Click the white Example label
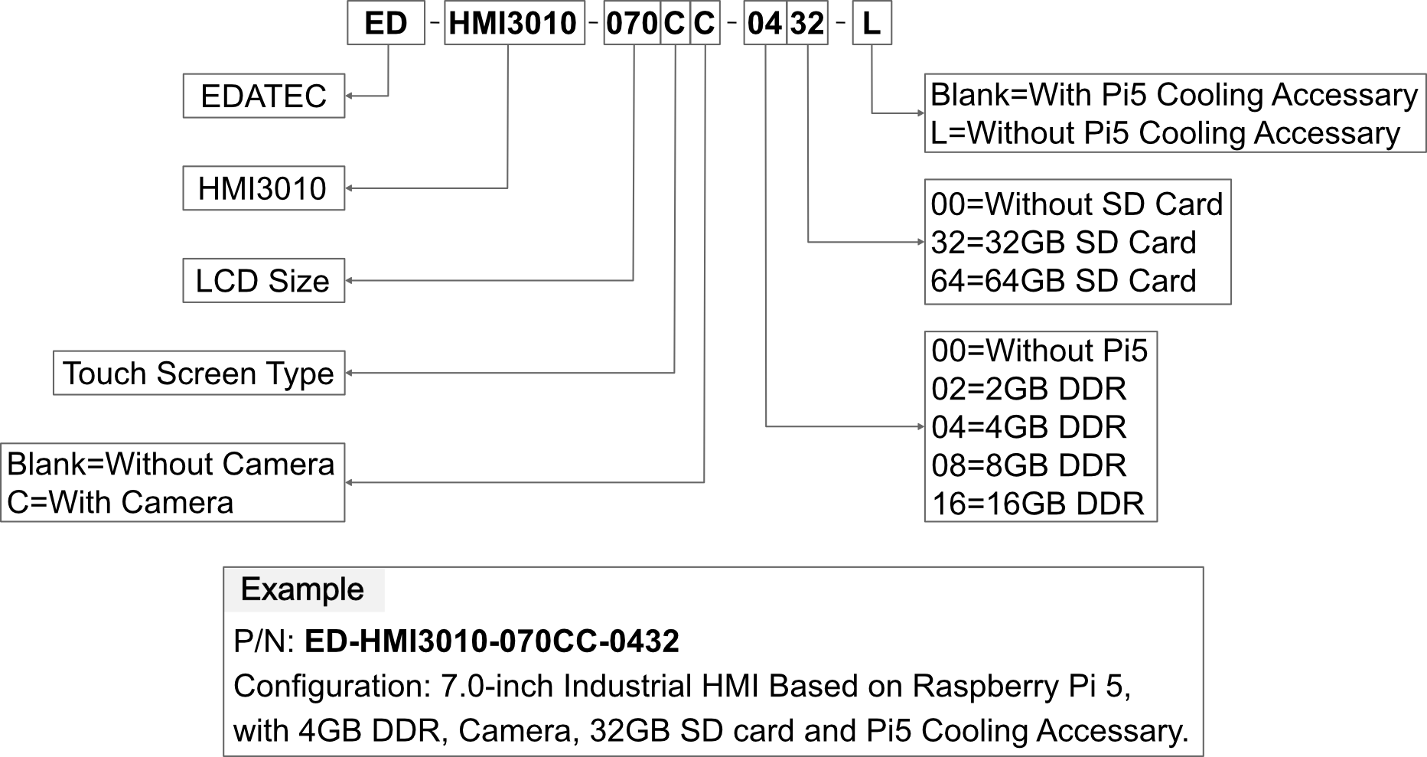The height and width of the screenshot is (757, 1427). point(304,589)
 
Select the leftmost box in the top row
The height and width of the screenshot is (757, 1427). point(386,23)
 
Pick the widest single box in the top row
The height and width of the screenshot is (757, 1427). point(514,23)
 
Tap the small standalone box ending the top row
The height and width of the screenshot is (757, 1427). point(872,23)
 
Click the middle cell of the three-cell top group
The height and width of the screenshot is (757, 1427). point(675,23)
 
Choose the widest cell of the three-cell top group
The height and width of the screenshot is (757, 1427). point(632,23)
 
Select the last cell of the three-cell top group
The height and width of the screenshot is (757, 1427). point(705,23)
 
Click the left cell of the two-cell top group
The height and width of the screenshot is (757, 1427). point(765,23)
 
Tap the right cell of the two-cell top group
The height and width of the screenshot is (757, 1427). point(807,23)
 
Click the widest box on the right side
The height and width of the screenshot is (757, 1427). point(1175,113)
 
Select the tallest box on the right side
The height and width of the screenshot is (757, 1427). point(1041,426)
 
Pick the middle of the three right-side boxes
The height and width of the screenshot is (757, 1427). point(1077,242)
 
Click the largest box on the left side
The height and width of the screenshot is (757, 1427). point(173,482)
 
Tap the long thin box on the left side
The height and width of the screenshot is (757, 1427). point(199,373)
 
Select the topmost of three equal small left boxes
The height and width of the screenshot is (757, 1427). point(264,96)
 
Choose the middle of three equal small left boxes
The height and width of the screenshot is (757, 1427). point(264,188)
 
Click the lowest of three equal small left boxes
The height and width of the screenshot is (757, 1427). point(264,280)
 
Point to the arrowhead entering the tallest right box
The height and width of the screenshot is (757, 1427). point(920,426)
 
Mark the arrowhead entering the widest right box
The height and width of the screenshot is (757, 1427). point(920,113)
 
